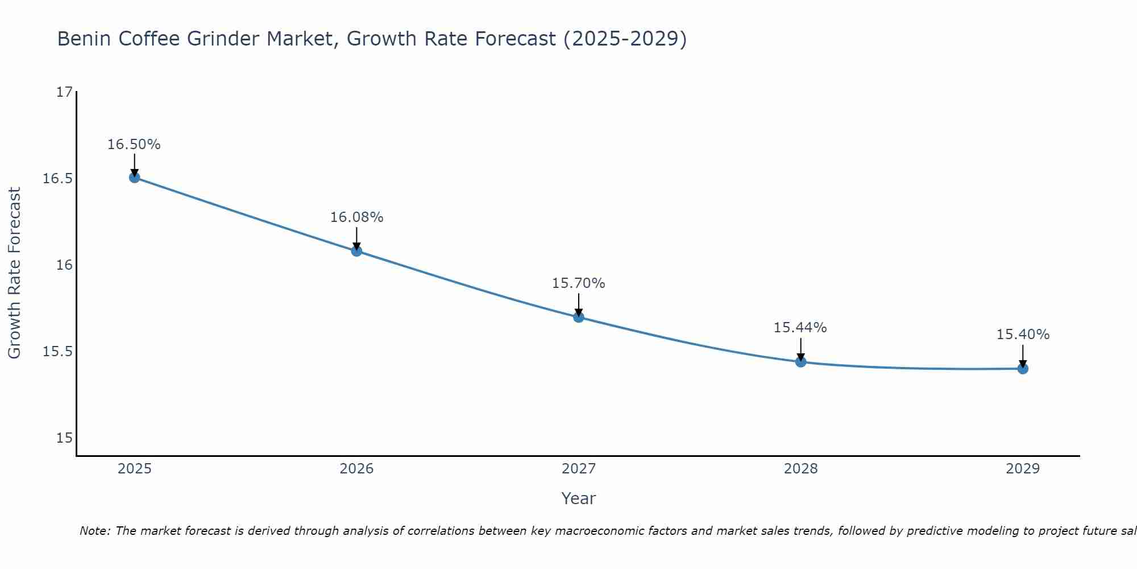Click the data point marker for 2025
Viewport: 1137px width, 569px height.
134,177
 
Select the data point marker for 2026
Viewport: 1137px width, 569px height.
356,250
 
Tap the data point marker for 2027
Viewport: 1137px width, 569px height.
579,317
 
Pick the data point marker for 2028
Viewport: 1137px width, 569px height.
800,361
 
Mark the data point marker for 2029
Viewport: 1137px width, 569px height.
1023,369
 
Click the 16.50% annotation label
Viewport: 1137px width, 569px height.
134,145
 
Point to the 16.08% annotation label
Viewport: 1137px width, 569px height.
356,217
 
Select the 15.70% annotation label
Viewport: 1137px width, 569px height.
579,283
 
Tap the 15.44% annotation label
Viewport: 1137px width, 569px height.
800,328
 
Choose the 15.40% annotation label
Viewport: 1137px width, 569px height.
1023,335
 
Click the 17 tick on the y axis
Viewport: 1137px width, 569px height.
65,92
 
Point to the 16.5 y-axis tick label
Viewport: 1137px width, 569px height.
58,179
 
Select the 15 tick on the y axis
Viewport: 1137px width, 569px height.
65,438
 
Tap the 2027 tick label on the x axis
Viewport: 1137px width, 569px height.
579,469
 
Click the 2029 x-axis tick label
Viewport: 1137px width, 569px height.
1023,469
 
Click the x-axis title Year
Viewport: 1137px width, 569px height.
579,498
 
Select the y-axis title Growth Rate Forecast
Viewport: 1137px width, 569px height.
15,273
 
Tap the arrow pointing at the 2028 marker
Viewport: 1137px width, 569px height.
800,349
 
